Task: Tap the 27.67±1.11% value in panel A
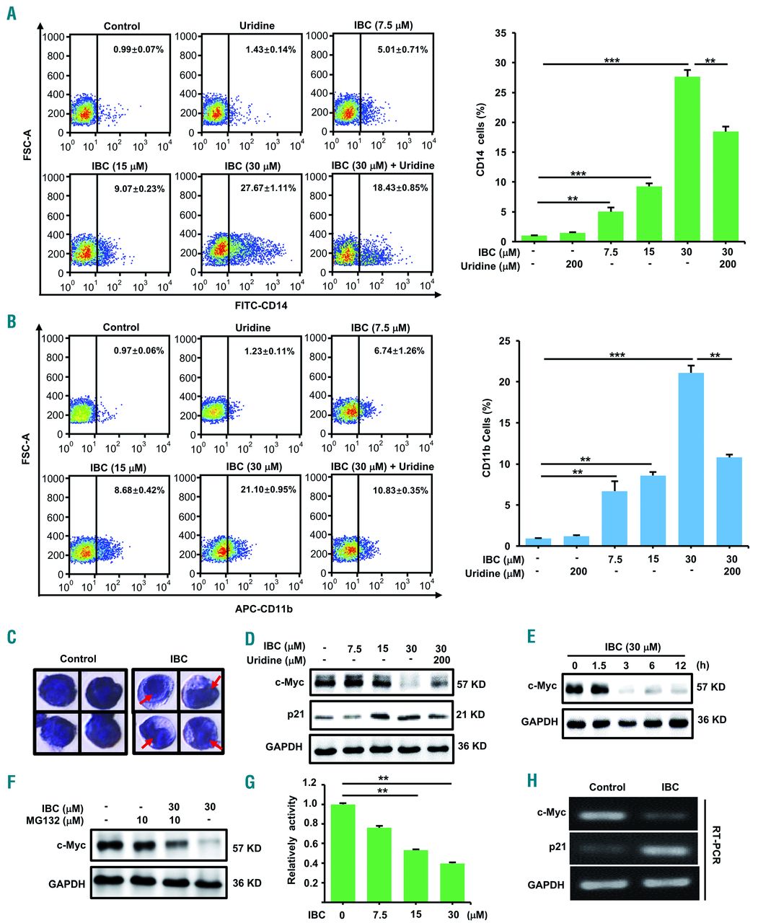coord(265,187)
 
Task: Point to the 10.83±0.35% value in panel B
coord(398,490)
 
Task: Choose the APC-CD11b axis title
coord(253,609)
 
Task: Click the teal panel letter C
coord(11,637)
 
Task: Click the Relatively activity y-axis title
coord(293,840)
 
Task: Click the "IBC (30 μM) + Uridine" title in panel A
coord(382,166)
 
